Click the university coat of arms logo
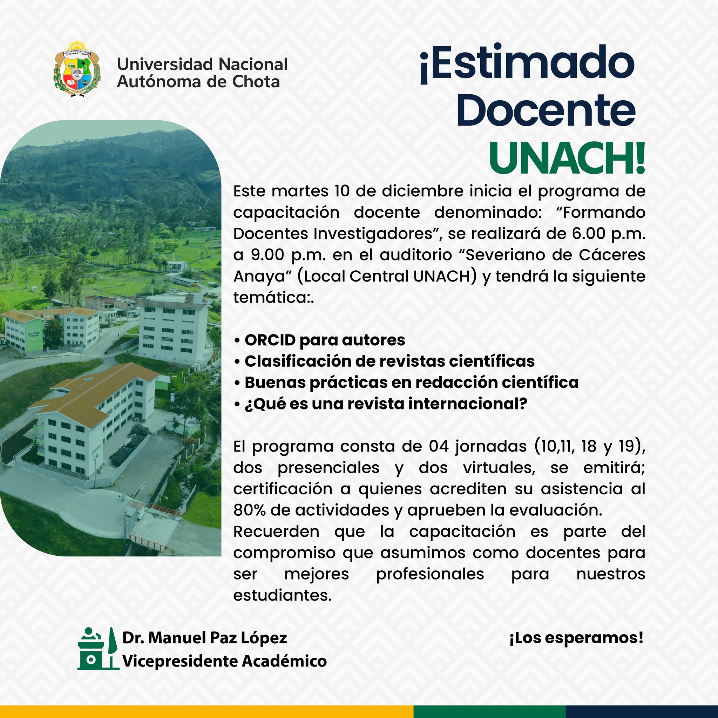[77, 69]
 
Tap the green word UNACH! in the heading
[567, 159]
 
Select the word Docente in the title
[546, 110]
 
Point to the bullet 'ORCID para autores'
[320, 340]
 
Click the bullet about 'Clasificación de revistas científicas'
[384, 361]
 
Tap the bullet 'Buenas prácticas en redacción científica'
[406, 383]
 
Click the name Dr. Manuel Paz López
[205, 638]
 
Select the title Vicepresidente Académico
[224, 661]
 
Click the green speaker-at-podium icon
[98, 649]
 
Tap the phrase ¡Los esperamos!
[576, 638]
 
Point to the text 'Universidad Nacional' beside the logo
[202, 64]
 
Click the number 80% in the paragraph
[249, 510]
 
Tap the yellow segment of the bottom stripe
[206, 711]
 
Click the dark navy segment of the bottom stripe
[642, 711]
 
